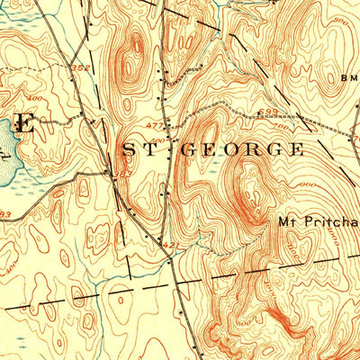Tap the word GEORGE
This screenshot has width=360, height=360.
point(242,149)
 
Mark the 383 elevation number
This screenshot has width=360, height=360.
point(4,214)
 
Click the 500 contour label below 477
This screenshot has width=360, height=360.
point(158,141)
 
